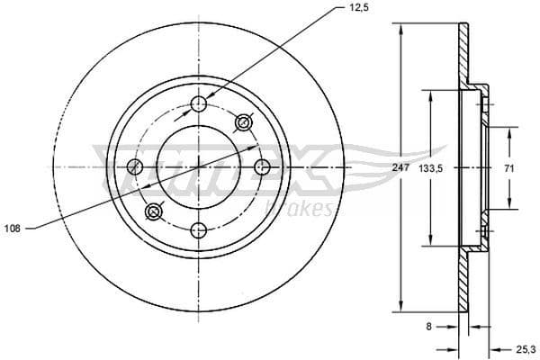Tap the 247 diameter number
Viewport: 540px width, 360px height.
point(403,167)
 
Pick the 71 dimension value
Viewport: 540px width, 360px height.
point(508,167)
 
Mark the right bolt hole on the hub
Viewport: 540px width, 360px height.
point(262,166)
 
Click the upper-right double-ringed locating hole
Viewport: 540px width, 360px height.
point(242,122)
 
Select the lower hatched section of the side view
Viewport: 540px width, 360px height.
point(464,281)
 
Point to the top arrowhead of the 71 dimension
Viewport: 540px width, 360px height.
point(508,131)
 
